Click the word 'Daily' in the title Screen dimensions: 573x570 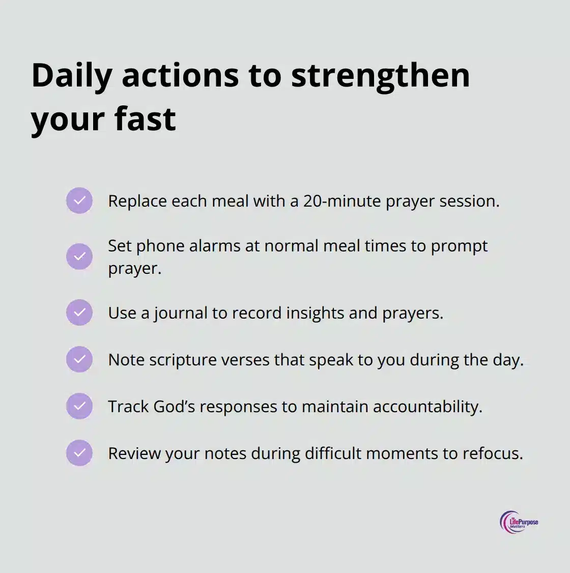pyautogui.click(x=72, y=75)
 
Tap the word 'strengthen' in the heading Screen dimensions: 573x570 pyautogui.click(x=380, y=75)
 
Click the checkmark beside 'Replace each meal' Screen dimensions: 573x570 pyautogui.click(x=79, y=200)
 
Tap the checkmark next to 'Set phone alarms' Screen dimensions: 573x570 pyautogui.click(x=79, y=256)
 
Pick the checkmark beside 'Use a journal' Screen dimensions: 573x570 pyautogui.click(x=79, y=312)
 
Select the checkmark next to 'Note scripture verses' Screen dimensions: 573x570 pyautogui.click(x=79, y=359)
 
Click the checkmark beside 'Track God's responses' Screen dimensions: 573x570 pyautogui.click(x=79, y=406)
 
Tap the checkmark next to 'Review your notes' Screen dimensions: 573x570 pyautogui.click(x=79, y=453)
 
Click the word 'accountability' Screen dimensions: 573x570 pyautogui.click(x=427, y=407)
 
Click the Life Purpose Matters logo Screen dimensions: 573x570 pyautogui.click(x=519, y=522)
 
